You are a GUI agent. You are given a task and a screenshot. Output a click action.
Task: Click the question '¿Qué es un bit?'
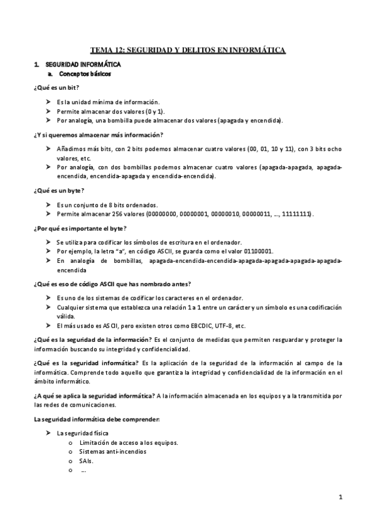[56, 88]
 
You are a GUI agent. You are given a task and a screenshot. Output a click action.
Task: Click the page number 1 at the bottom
[340, 498]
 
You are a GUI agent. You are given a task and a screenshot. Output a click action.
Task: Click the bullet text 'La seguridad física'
[82, 434]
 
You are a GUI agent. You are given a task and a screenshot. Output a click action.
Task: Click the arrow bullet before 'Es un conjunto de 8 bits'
[48, 205]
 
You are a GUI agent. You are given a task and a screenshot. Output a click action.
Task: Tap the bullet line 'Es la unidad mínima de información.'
[108, 102]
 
